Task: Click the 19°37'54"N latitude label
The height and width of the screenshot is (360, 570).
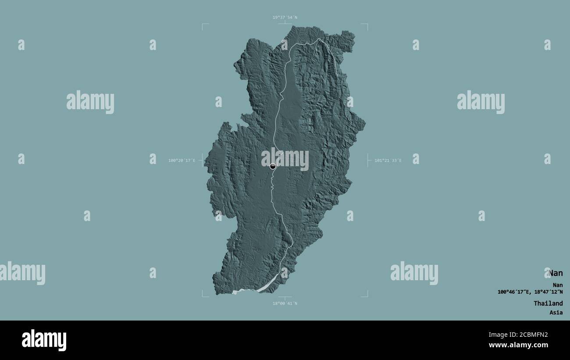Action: click(285, 18)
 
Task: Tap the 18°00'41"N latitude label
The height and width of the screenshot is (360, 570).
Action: click(285, 303)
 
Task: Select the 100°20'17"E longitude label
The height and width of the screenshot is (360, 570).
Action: click(182, 160)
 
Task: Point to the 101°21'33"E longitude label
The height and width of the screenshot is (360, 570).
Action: click(388, 160)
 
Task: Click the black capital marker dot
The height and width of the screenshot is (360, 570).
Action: click(273, 166)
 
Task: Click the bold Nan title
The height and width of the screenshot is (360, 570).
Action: click(556, 273)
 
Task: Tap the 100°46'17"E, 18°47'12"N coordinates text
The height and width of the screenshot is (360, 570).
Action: click(530, 292)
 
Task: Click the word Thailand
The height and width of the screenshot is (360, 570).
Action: click(548, 303)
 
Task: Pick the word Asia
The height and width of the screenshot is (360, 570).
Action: click(556, 313)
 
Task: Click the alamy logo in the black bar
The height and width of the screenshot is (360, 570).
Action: click(44, 340)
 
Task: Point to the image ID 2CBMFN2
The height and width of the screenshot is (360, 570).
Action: click(530, 335)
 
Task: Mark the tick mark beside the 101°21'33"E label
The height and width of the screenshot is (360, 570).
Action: click(369, 160)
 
